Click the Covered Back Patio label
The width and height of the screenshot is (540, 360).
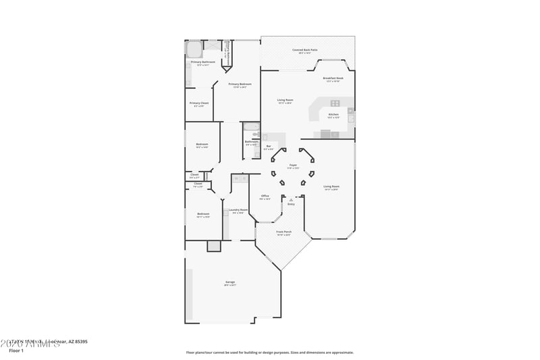click(x=305, y=50)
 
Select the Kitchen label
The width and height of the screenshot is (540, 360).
click(x=333, y=115)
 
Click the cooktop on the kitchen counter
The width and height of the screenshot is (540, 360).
click(x=335, y=103)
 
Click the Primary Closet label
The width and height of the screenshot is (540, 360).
click(x=199, y=103)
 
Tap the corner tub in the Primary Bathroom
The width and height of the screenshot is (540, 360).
click(x=194, y=49)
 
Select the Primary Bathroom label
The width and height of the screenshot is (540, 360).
click(x=202, y=62)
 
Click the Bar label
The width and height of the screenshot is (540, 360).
click(x=269, y=146)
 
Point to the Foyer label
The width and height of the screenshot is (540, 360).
click(x=293, y=165)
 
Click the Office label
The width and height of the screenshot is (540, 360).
click(x=265, y=196)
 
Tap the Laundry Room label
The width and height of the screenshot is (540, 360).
click(x=238, y=210)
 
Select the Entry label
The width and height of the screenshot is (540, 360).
click(x=291, y=204)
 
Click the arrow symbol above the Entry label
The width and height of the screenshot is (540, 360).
click(x=291, y=199)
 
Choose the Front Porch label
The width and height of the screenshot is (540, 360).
click(x=283, y=232)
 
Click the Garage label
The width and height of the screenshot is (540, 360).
click(x=230, y=282)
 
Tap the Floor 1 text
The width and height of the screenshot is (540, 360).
click(x=16, y=351)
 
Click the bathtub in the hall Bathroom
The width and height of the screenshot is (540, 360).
click(x=251, y=126)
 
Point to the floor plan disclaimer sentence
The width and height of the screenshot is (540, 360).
click(x=270, y=352)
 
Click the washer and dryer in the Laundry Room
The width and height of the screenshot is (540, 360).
click(x=240, y=179)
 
